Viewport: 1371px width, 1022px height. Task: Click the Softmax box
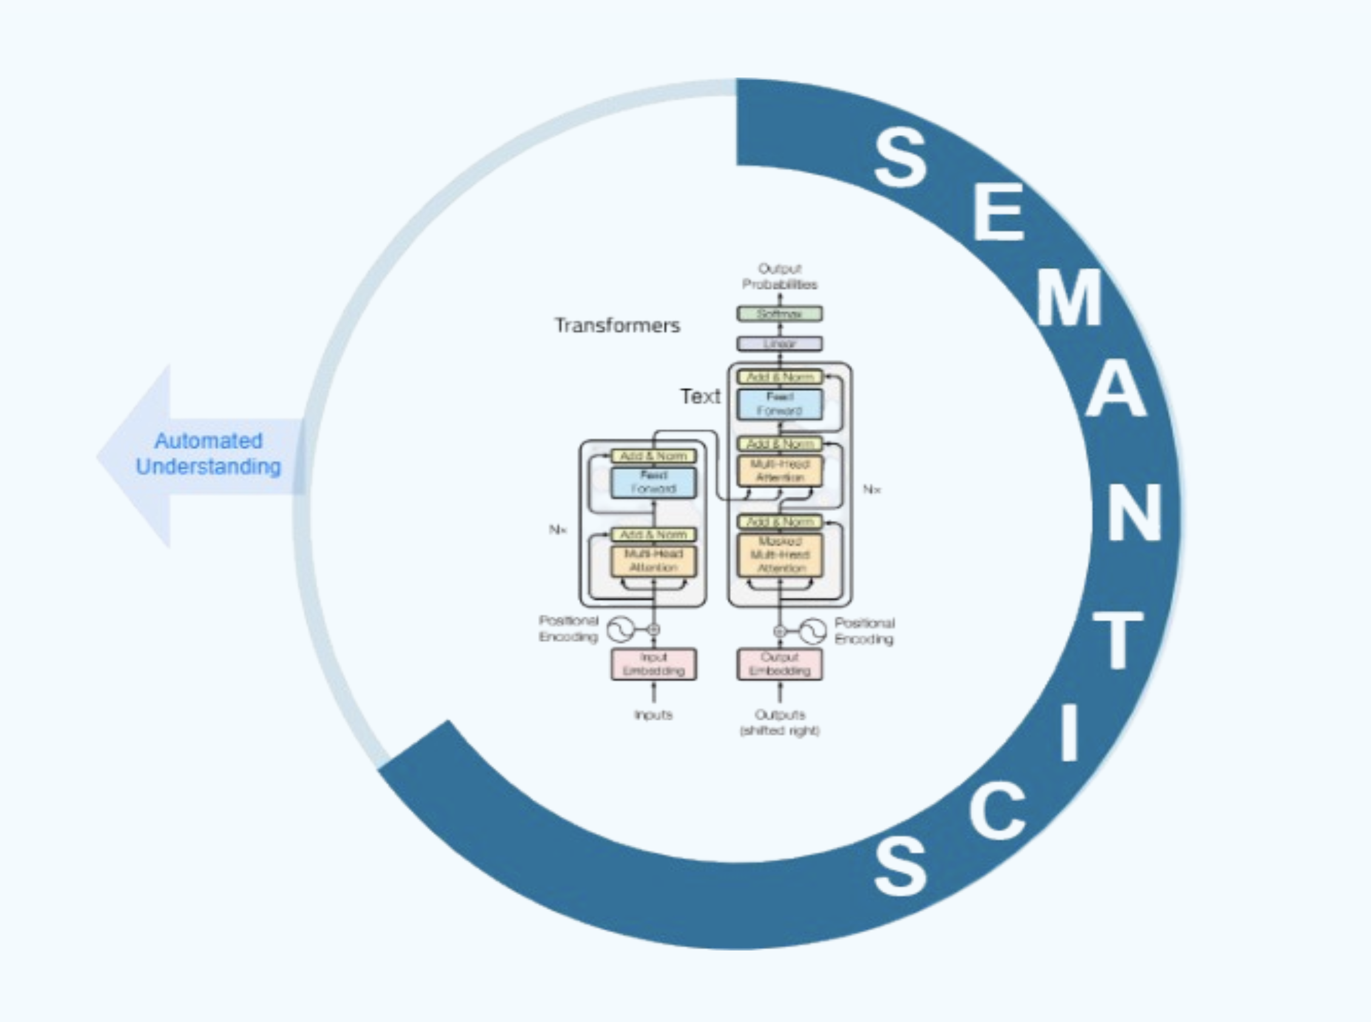tap(780, 313)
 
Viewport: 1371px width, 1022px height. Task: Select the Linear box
tap(780, 343)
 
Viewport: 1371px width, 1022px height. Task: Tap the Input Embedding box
tap(653, 664)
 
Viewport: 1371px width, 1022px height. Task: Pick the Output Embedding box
tap(780, 664)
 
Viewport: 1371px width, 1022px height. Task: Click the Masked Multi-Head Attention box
tap(780, 554)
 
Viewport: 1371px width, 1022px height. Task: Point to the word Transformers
tap(616, 326)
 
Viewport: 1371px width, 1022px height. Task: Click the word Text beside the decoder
tap(700, 396)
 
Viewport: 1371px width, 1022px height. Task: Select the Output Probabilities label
tap(780, 276)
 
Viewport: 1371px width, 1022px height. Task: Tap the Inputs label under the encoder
tap(653, 715)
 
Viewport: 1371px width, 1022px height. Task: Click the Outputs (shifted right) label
tap(780, 722)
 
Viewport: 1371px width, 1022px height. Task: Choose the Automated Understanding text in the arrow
tap(208, 453)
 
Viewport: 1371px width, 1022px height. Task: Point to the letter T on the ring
tap(1117, 640)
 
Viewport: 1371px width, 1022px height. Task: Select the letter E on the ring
tap(999, 212)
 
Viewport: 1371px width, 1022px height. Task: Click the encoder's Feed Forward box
tap(653, 482)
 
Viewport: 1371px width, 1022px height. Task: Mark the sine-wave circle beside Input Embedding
tap(620, 630)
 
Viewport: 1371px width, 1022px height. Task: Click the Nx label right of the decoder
tap(872, 489)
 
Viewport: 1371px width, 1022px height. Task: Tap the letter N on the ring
tap(1134, 512)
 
